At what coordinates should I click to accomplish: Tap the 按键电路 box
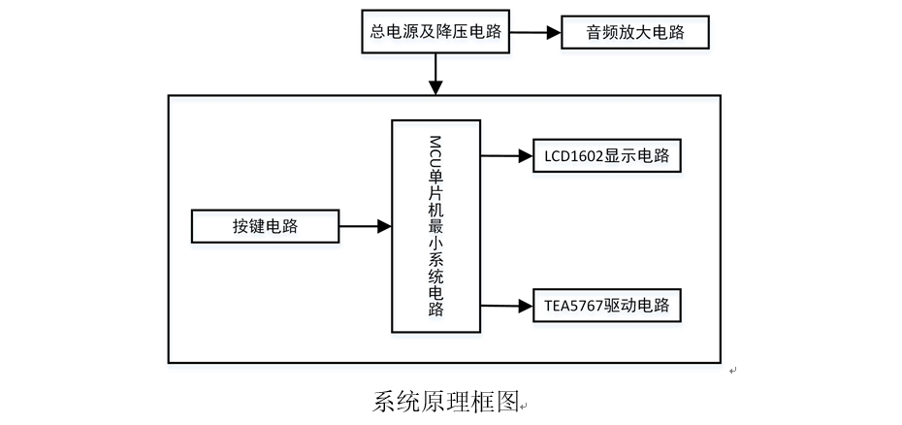click(265, 227)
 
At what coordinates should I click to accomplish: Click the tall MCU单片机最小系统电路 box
click(435, 225)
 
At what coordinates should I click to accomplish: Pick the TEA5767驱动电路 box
click(607, 307)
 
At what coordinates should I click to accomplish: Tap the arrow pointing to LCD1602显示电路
click(506, 155)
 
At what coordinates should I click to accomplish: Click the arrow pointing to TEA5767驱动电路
click(506, 307)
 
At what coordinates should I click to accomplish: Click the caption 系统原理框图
click(445, 402)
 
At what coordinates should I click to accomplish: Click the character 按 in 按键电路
click(240, 227)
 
